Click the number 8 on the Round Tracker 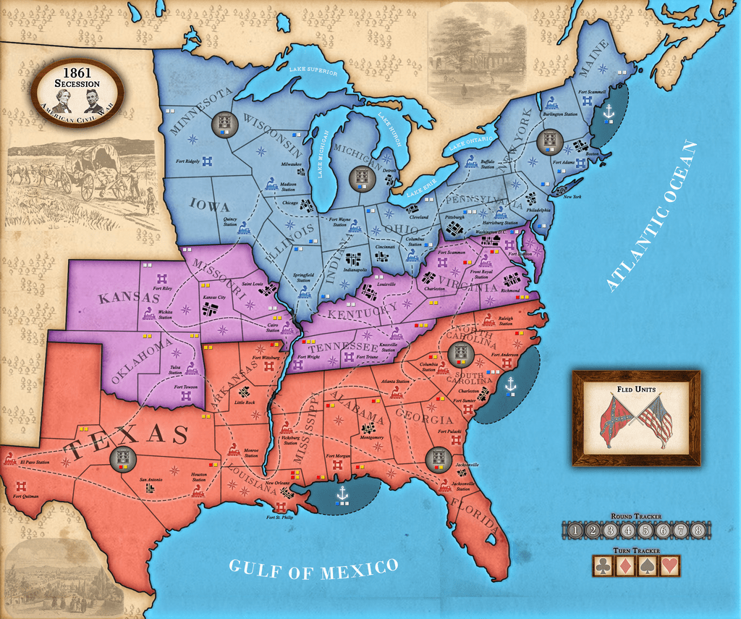(698, 530)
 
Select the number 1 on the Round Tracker (574, 530)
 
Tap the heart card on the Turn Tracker (670, 565)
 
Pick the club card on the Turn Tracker (603, 565)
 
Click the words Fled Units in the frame (636, 389)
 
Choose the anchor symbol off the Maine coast (609, 113)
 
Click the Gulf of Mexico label (313, 568)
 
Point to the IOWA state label (210, 206)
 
